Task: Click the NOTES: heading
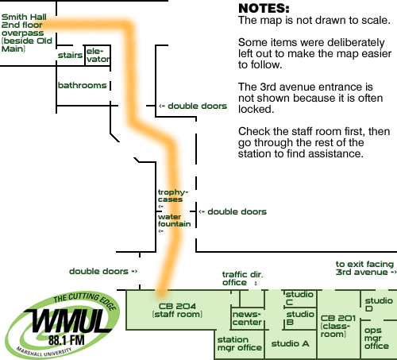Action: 264,8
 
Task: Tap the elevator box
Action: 98,55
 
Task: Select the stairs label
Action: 70,55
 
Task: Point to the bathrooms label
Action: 82,85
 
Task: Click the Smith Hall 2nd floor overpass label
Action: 27,33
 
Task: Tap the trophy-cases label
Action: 173,195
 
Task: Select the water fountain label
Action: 174,220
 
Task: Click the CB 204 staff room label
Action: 177,310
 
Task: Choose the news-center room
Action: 248,319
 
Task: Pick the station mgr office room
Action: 239,344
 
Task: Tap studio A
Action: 291,344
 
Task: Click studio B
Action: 300,319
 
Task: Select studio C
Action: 300,299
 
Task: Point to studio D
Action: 379,304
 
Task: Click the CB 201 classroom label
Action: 338,326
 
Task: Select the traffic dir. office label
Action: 243,279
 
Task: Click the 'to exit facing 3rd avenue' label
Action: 366,268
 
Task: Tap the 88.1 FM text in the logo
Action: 67,340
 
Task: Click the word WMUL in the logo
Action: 67,320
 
